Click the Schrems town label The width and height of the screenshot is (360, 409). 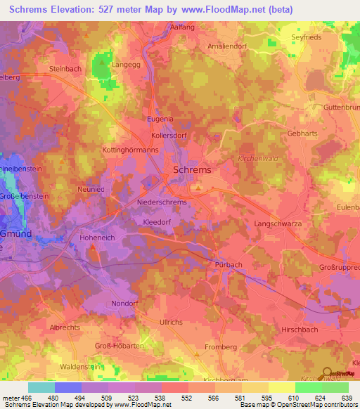point(192,170)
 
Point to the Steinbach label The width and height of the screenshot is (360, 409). point(67,69)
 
